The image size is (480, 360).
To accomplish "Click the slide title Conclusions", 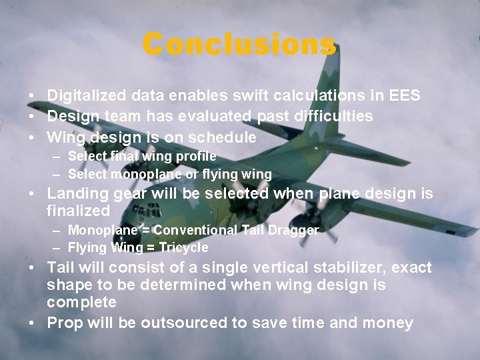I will pos(239,44).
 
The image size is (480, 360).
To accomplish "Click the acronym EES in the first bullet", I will pos(405,95).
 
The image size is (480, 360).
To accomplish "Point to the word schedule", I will pos(224,138).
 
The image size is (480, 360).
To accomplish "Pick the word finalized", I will pos(78,211).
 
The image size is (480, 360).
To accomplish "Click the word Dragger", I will pos(295,230).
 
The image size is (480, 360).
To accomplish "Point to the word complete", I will pos(81,302).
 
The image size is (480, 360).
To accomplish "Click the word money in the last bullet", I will pos(390,323).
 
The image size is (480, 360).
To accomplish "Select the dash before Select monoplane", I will pos(59,175).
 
